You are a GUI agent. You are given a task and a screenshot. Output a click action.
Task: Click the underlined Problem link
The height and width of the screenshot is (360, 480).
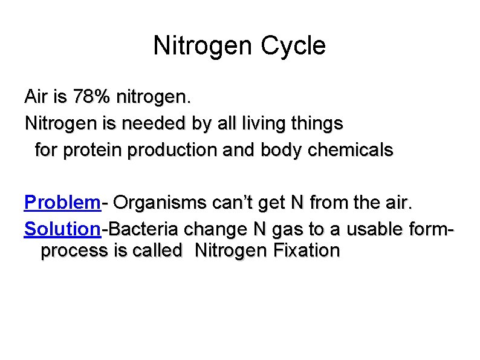(x=62, y=202)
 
